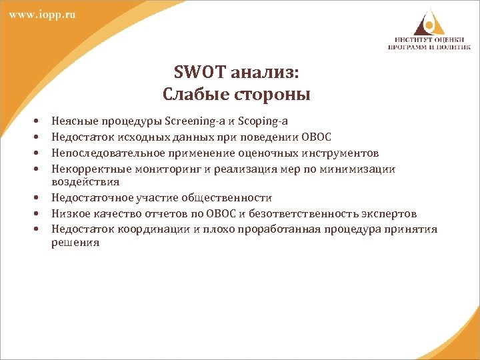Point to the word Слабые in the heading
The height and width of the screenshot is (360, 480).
(193, 94)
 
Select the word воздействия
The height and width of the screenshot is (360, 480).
(85, 181)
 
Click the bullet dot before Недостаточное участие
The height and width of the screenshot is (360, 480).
(34, 199)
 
